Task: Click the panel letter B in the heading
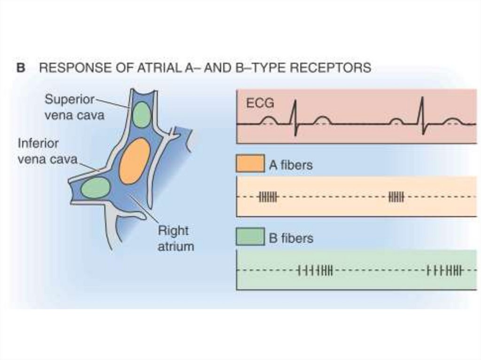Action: (x=21, y=68)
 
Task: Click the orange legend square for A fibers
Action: (x=250, y=165)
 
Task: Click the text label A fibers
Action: (x=291, y=166)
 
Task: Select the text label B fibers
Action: (x=291, y=238)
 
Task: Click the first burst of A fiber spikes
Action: (x=268, y=197)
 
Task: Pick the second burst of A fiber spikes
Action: (x=396, y=197)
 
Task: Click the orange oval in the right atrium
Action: (x=134, y=161)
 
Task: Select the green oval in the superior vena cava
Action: (x=141, y=115)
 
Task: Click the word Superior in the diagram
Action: (x=69, y=100)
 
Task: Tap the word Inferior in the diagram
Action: (x=39, y=143)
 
